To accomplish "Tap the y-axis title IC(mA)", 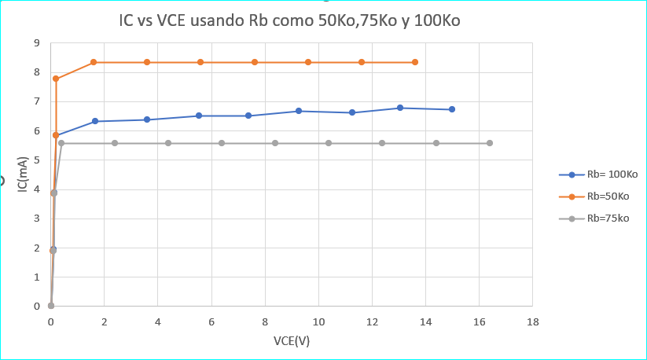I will coord(24,174).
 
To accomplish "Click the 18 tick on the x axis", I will coord(532,322).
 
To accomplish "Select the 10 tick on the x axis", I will coord(318,322).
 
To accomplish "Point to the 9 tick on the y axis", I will coord(37,43).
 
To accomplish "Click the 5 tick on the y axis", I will coord(37,160).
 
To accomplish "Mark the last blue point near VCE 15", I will coord(452,109).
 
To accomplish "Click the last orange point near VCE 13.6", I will coord(415,62).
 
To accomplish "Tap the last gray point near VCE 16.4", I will coord(490,143).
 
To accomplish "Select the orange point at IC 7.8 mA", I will coord(56,79).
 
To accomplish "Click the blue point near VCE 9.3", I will coord(299,111).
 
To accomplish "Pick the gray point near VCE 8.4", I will coord(275,143).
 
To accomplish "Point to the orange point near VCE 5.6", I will coord(200,62).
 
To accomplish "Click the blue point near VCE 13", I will coord(400,108).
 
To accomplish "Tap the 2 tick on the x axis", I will coord(105,322).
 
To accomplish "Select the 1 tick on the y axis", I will coord(37,277).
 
